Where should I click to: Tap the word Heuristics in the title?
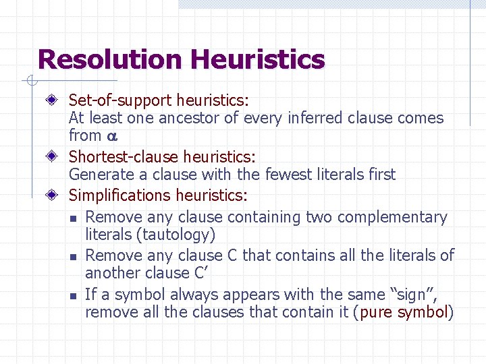257,59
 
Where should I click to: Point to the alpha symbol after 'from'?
112,137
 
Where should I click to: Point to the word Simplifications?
120,195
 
